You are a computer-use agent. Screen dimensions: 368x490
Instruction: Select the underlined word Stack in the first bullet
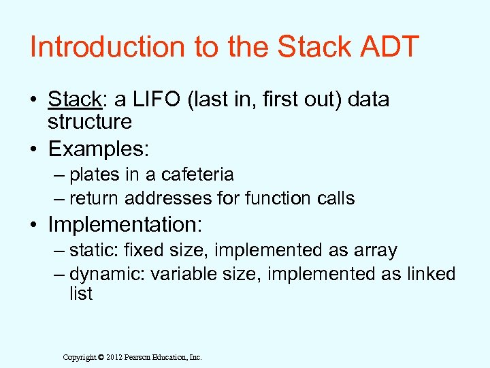[74, 99]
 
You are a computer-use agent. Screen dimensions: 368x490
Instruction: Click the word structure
[89, 122]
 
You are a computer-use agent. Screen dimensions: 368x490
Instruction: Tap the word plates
[95, 174]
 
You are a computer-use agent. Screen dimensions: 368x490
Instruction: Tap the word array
[375, 250]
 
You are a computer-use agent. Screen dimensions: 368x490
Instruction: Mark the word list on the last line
[80, 294]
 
